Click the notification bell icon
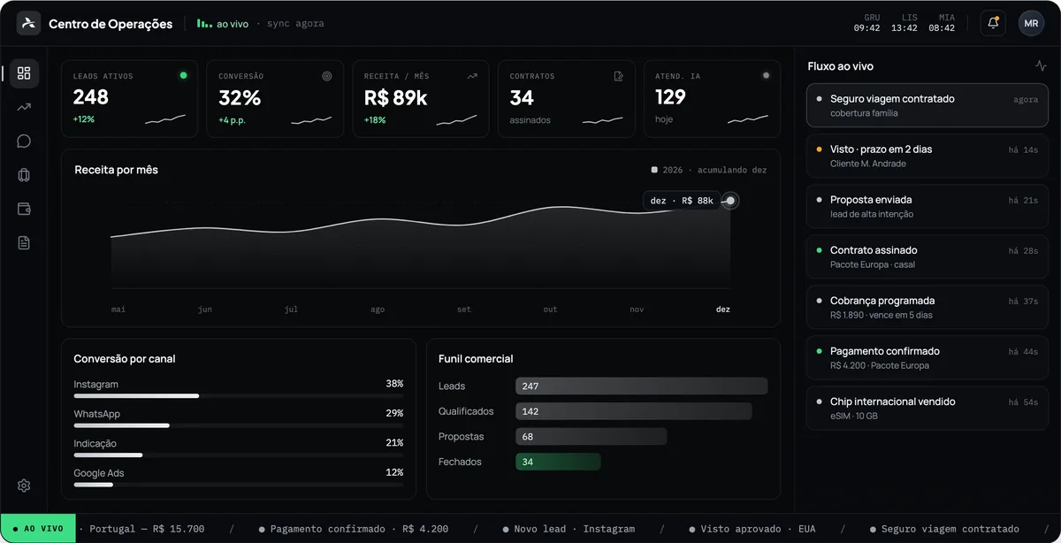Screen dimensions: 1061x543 click(993, 23)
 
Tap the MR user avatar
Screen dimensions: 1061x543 click(1031, 23)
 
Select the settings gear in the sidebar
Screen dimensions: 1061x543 click(24, 486)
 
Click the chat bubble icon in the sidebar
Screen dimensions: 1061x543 click(24, 141)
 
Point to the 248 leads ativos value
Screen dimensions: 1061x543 click(91, 97)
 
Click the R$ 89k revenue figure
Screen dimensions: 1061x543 click(395, 98)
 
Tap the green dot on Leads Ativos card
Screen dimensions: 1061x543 click(183, 75)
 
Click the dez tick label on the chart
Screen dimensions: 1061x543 click(723, 310)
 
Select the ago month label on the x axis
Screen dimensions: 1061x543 click(378, 310)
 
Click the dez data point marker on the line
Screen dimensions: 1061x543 click(730, 201)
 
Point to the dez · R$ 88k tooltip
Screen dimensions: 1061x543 click(682, 201)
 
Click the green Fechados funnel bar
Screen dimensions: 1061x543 click(558, 462)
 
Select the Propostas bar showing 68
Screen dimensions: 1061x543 click(592, 437)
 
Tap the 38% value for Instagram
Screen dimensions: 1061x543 click(394, 383)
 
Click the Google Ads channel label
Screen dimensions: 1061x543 click(98, 473)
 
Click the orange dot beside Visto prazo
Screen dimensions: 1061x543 click(819, 149)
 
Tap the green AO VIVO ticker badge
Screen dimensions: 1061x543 click(38, 528)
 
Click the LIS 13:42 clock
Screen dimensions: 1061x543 click(905, 23)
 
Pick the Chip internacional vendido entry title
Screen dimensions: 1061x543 click(892, 402)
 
